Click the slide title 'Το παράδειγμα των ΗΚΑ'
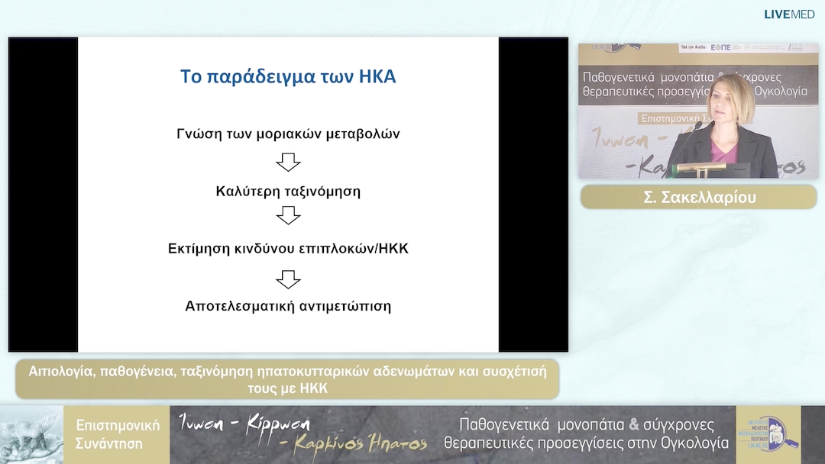click(288, 77)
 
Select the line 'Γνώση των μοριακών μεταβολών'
click(288, 134)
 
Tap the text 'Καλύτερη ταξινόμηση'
click(288, 192)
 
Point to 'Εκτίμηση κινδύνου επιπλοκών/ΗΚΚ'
click(288, 249)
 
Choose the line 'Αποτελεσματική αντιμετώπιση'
click(288, 306)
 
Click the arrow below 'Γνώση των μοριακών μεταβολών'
click(288, 163)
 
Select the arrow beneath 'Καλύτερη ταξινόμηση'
click(288, 217)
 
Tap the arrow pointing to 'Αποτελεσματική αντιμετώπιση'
click(288, 279)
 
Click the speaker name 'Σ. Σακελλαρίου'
click(698, 197)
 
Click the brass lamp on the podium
click(699, 166)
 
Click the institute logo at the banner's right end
click(768, 434)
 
